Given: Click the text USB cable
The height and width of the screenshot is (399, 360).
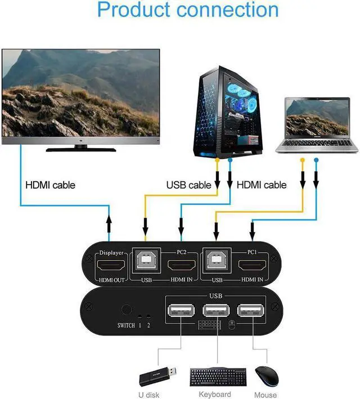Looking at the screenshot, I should (188, 185).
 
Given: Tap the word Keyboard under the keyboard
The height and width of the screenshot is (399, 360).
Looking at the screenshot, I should (215, 394).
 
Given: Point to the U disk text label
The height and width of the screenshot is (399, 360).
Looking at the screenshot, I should (149, 394).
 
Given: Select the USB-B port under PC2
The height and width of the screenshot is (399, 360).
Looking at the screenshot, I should (146, 265).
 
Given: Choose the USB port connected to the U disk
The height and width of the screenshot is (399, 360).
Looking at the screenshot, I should (181, 312).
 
